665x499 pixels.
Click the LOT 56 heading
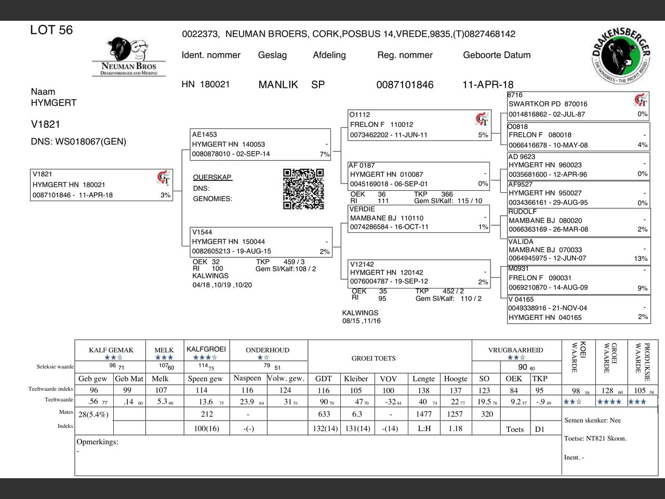tap(51, 30)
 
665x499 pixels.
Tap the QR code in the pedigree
tap(303, 189)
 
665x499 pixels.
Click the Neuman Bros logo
tap(128, 57)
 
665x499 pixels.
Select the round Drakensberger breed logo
tap(621, 55)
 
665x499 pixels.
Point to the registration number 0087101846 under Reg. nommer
tap(405, 85)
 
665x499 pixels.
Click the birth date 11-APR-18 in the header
tap(487, 85)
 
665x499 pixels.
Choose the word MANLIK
tap(278, 85)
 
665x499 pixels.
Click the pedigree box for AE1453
tap(260, 144)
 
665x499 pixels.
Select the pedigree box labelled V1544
tap(261, 242)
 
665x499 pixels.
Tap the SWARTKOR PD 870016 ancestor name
tap(548, 104)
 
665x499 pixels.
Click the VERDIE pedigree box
tap(419, 218)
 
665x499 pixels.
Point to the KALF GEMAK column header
tap(111, 350)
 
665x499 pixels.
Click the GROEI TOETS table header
tap(374, 358)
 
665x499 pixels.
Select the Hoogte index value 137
tap(456, 390)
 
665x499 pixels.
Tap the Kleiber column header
tap(356, 378)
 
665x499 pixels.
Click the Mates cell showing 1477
tap(424, 414)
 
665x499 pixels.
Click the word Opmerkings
tap(97, 442)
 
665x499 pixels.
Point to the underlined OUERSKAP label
tap(212, 177)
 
